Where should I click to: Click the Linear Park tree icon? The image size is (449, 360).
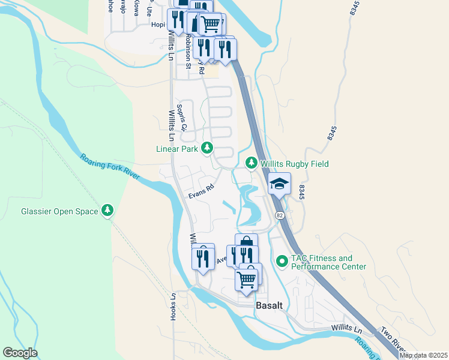(x=207, y=148)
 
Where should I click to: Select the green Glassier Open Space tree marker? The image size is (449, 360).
(x=107, y=211)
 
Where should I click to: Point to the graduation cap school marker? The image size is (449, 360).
(x=279, y=184)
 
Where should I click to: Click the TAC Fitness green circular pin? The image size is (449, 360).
(x=282, y=262)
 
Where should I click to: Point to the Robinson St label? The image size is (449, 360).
(x=188, y=42)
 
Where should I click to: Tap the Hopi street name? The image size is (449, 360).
(x=157, y=25)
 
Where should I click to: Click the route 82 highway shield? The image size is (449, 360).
(x=280, y=215)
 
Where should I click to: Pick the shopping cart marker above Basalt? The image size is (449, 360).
(x=247, y=278)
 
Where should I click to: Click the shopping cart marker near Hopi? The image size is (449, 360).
(x=209, y=24)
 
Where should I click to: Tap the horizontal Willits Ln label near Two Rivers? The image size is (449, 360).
(x=347, y=329)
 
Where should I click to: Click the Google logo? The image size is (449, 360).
(x=20, y=353)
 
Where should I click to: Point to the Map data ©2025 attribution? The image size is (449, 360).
(x=422, y=355)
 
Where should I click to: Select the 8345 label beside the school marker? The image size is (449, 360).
(x=301, y=192)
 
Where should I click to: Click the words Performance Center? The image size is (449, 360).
(x=328, y=266)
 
